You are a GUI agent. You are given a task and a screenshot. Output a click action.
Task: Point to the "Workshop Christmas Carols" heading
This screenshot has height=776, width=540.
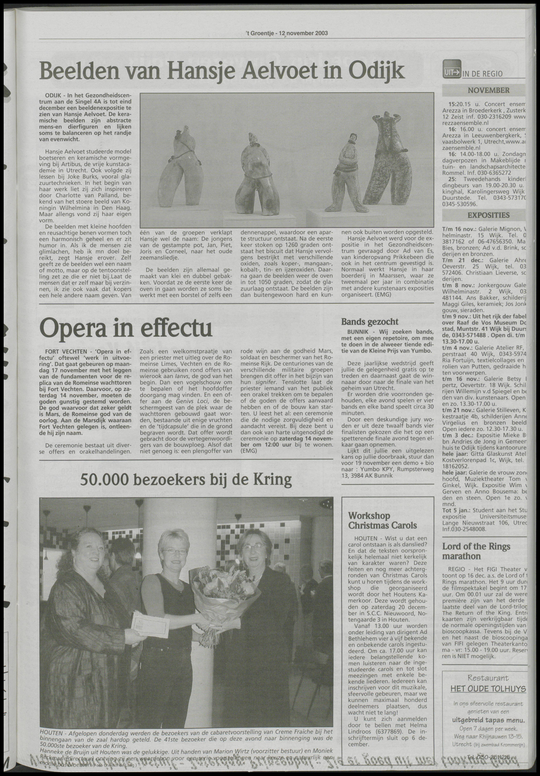(x=369, y=521)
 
